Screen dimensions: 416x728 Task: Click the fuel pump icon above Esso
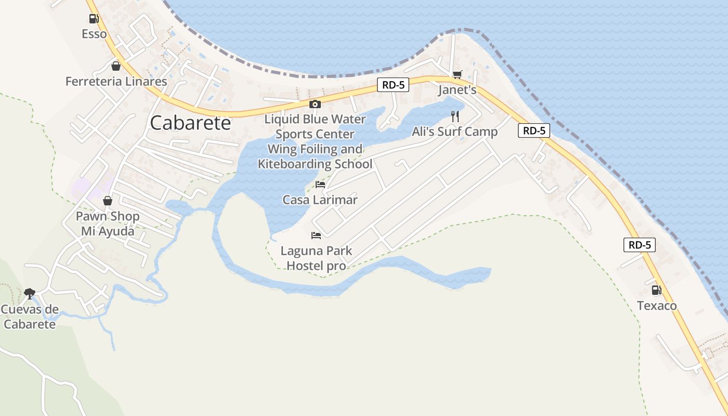coord(94,19)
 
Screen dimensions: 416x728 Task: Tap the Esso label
coord(94,34)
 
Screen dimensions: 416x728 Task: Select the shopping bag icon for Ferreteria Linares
coord(116,66)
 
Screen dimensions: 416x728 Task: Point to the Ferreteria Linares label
coord(116,81)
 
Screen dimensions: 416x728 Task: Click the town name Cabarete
coord(190,123)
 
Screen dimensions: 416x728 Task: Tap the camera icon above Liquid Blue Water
coord(315,104)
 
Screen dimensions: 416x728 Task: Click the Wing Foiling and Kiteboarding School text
coord(315,157)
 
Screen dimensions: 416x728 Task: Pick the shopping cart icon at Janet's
coord(457,75)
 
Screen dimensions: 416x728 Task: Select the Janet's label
coord(457,90)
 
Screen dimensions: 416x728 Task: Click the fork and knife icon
coord(455,116)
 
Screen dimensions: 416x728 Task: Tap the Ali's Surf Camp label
coord(455,132)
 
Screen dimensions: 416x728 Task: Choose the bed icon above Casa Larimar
coord(320,185)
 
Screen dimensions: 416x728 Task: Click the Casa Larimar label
coord(320,200)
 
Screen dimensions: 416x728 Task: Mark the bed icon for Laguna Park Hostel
coord(316,235)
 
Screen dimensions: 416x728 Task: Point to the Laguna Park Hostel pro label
coord(316,258)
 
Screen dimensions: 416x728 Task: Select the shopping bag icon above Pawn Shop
coord(108,201)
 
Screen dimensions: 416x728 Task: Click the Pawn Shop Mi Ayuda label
coord(108,224)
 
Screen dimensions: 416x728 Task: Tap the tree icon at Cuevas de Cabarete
coord(29,294)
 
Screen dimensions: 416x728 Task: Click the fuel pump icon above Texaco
coord(657,290)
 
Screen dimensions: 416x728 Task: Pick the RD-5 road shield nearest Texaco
coord(640,245)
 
